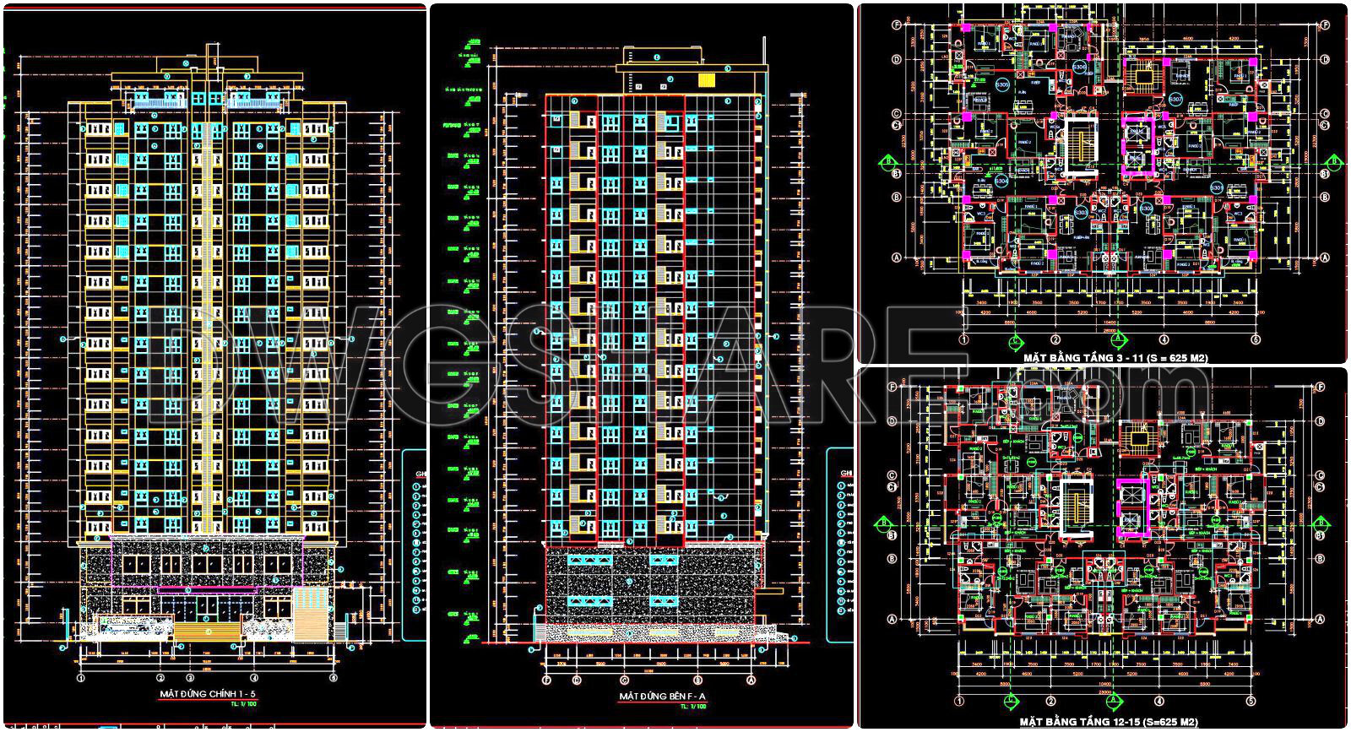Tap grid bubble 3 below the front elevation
tap(190, 677)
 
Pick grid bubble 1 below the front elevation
tap(81, 677)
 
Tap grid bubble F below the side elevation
tap(546, 680)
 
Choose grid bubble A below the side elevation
tap(751, 680)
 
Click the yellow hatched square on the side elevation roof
tap(707, 80)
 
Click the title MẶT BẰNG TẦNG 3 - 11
tap(1115, 358)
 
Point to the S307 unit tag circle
tap(1175, 100)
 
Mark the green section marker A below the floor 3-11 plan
tap(1118, 340)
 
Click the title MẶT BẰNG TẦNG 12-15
tap(1109, 723)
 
